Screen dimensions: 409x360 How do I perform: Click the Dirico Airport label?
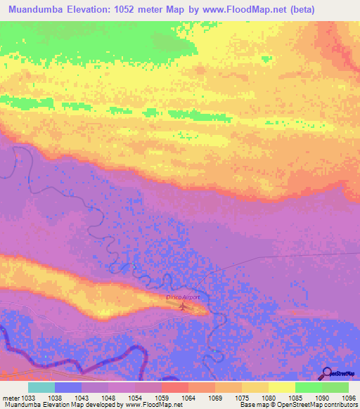point(183,298)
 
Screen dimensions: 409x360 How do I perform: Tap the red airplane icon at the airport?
point(184,306)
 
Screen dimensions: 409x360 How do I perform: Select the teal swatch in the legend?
point(41,387)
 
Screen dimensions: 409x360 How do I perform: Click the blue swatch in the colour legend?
point(68,387)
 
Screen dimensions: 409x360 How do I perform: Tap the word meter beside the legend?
point(9,397)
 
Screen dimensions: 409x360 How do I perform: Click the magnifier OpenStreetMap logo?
point(327,372)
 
